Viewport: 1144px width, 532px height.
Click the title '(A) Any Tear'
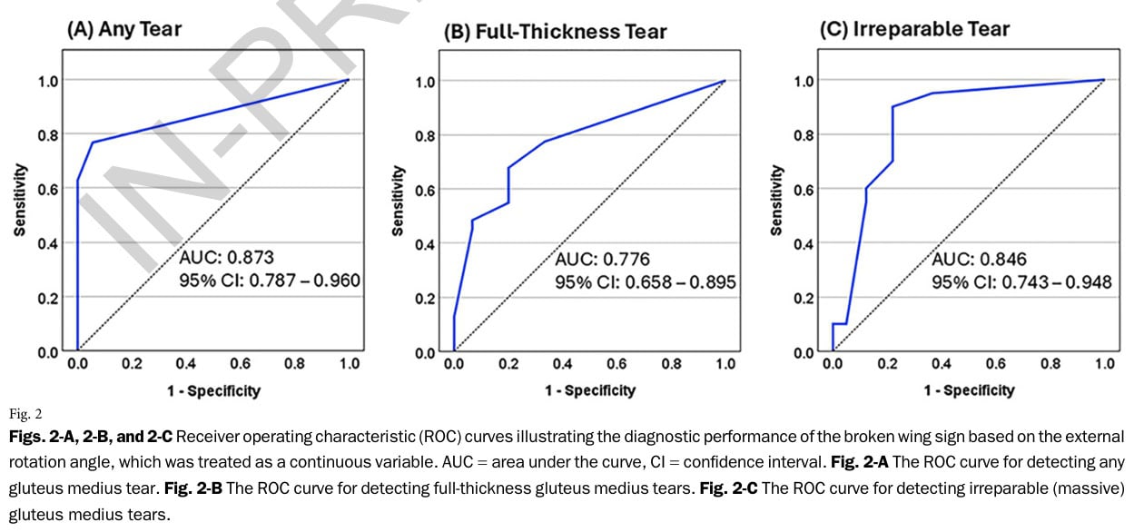123,29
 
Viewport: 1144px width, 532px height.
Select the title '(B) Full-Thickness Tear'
555,32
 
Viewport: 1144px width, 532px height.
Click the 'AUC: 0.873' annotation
226,257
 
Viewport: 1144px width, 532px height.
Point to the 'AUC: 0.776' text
603,260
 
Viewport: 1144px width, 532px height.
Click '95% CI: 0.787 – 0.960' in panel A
270,281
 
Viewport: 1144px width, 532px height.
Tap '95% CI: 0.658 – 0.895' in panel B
646,283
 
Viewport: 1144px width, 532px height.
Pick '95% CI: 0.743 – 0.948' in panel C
1021,282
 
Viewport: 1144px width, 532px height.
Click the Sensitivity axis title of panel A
19,201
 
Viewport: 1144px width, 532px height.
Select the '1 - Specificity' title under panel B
590,390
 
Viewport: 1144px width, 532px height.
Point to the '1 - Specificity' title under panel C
969,390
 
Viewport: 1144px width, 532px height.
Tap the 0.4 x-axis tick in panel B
562,364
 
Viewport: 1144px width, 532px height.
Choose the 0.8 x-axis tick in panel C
1050,364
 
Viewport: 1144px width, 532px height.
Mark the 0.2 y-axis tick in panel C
804,298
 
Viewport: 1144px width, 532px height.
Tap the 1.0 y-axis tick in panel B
425,81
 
